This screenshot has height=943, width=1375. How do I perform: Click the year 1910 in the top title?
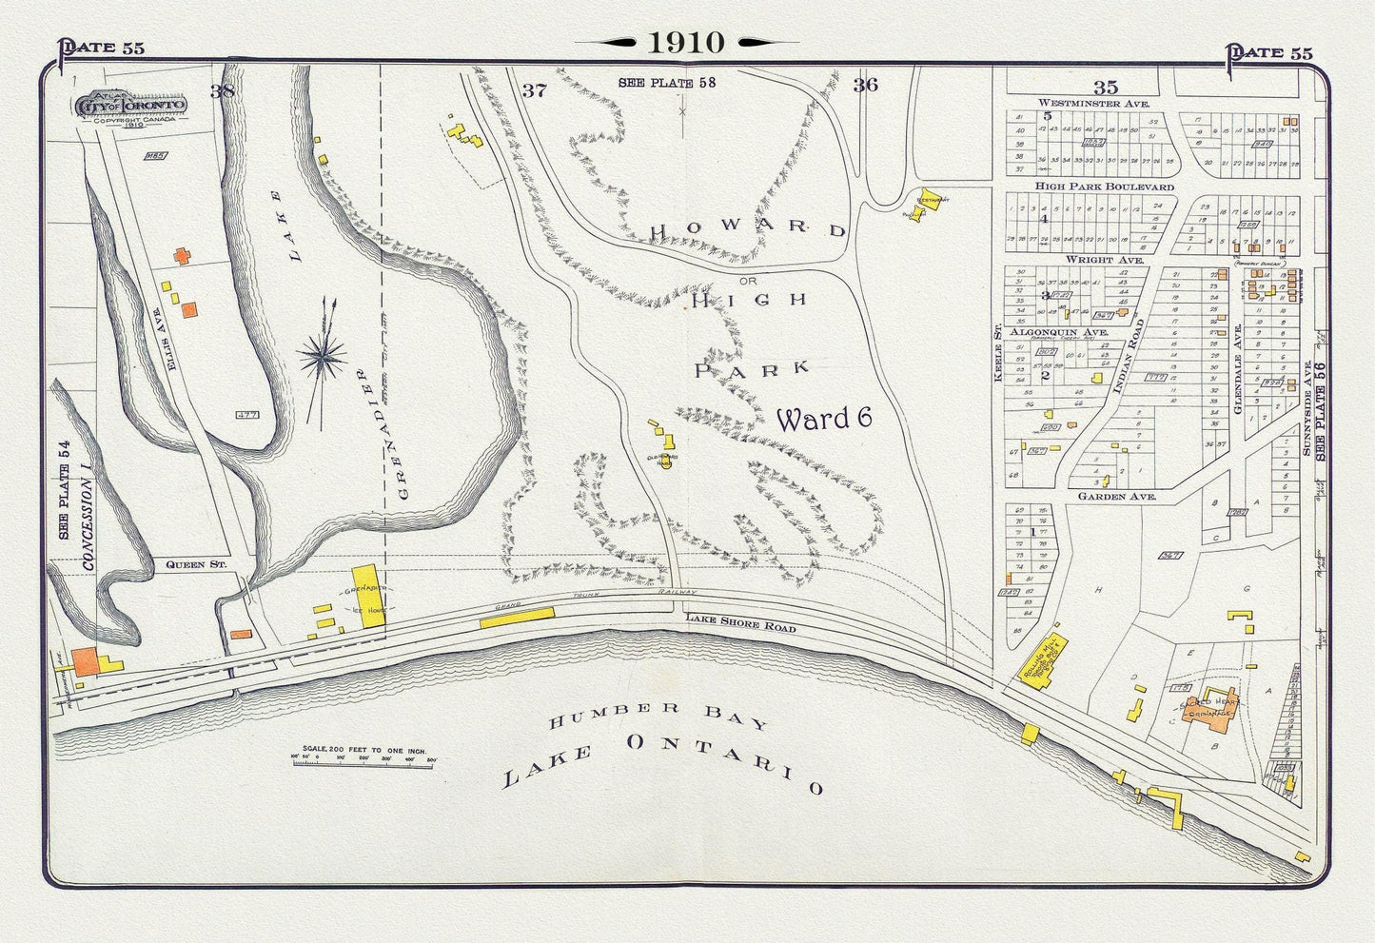pos(686,42)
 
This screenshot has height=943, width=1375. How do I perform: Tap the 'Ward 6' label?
pos(824,419)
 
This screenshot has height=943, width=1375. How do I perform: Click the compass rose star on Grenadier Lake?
pos(323,357)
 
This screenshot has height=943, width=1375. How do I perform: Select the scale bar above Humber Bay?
pos(367,758)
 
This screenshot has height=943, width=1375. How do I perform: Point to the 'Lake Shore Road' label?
pos(739,623)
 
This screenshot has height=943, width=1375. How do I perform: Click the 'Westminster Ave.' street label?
pos(1094,103)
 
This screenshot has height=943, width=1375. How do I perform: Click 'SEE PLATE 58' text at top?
pos(666,83)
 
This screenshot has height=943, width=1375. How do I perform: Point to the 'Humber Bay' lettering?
pos(658,716)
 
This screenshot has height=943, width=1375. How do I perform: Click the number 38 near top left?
pos(222,91)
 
